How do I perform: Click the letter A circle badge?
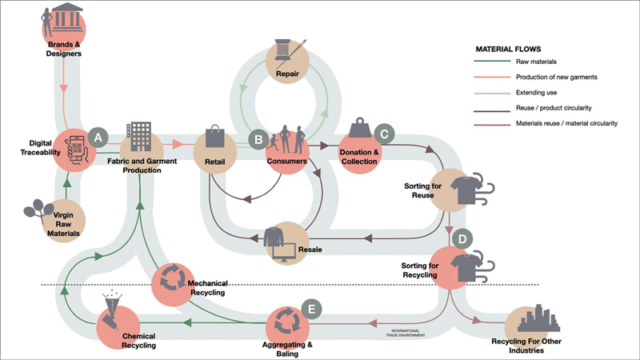(x=98, y=137)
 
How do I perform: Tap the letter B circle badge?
(x=258, y=138)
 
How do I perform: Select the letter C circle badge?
(x=385, y=134)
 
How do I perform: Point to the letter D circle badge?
(x=462, y=238)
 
